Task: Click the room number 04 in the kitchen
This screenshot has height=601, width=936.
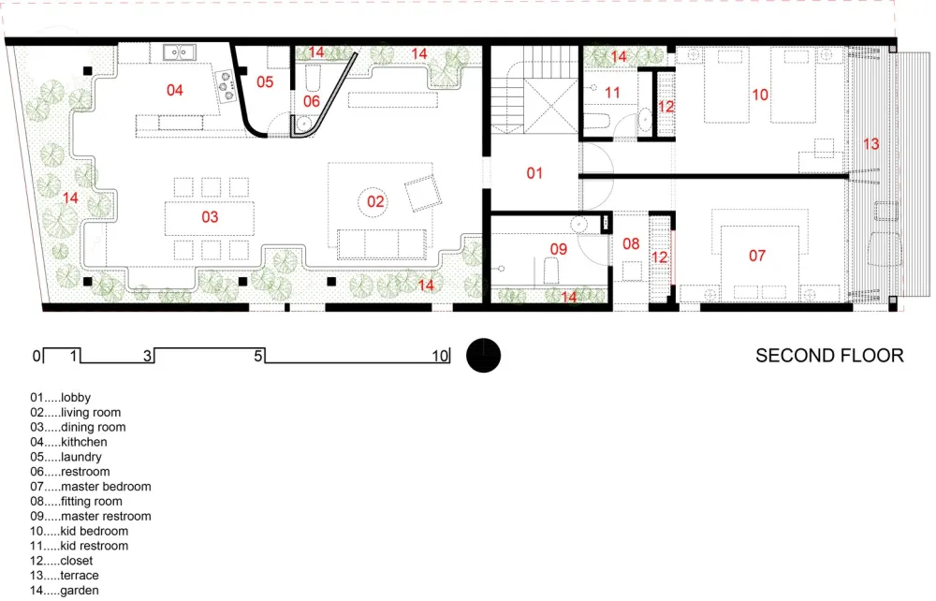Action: tap(174, 90)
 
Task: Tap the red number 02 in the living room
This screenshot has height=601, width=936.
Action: tap(375, 200)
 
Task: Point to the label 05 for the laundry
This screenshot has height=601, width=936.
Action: tap(265, 82)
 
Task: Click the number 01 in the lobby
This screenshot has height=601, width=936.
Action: tap(534, 173)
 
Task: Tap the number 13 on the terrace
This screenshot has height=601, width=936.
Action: tap(871, 144)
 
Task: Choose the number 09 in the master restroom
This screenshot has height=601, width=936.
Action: tap(558, 249)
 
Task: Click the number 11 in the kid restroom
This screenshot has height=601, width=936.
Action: tap(612, 93)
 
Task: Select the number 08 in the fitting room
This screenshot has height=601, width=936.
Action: tap(632, 244)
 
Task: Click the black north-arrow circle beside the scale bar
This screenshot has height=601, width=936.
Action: tap(484, 356)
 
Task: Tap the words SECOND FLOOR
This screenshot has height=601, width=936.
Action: tap(829, 356)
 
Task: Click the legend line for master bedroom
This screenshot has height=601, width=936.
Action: tap(91, 487)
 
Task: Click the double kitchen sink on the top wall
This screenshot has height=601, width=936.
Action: tap(178, 51)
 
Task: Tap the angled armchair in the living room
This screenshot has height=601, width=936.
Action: tap(422, 193)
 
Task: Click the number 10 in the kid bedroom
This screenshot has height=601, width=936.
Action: tap(759, 95)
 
